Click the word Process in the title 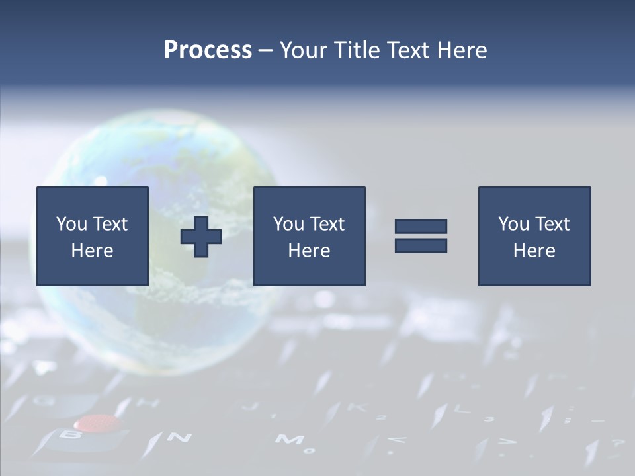click(208, 50)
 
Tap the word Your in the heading click(305, 50)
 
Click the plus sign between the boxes click(201, 237)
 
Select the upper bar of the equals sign click(421, 226)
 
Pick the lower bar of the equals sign click(421, 246)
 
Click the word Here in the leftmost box click(92, 251)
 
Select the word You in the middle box click(288, 224)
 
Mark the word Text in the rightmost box click(552, 224)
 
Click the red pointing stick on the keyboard click(97, 422)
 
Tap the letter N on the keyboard click(179, 437)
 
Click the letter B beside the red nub click(69, 435)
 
